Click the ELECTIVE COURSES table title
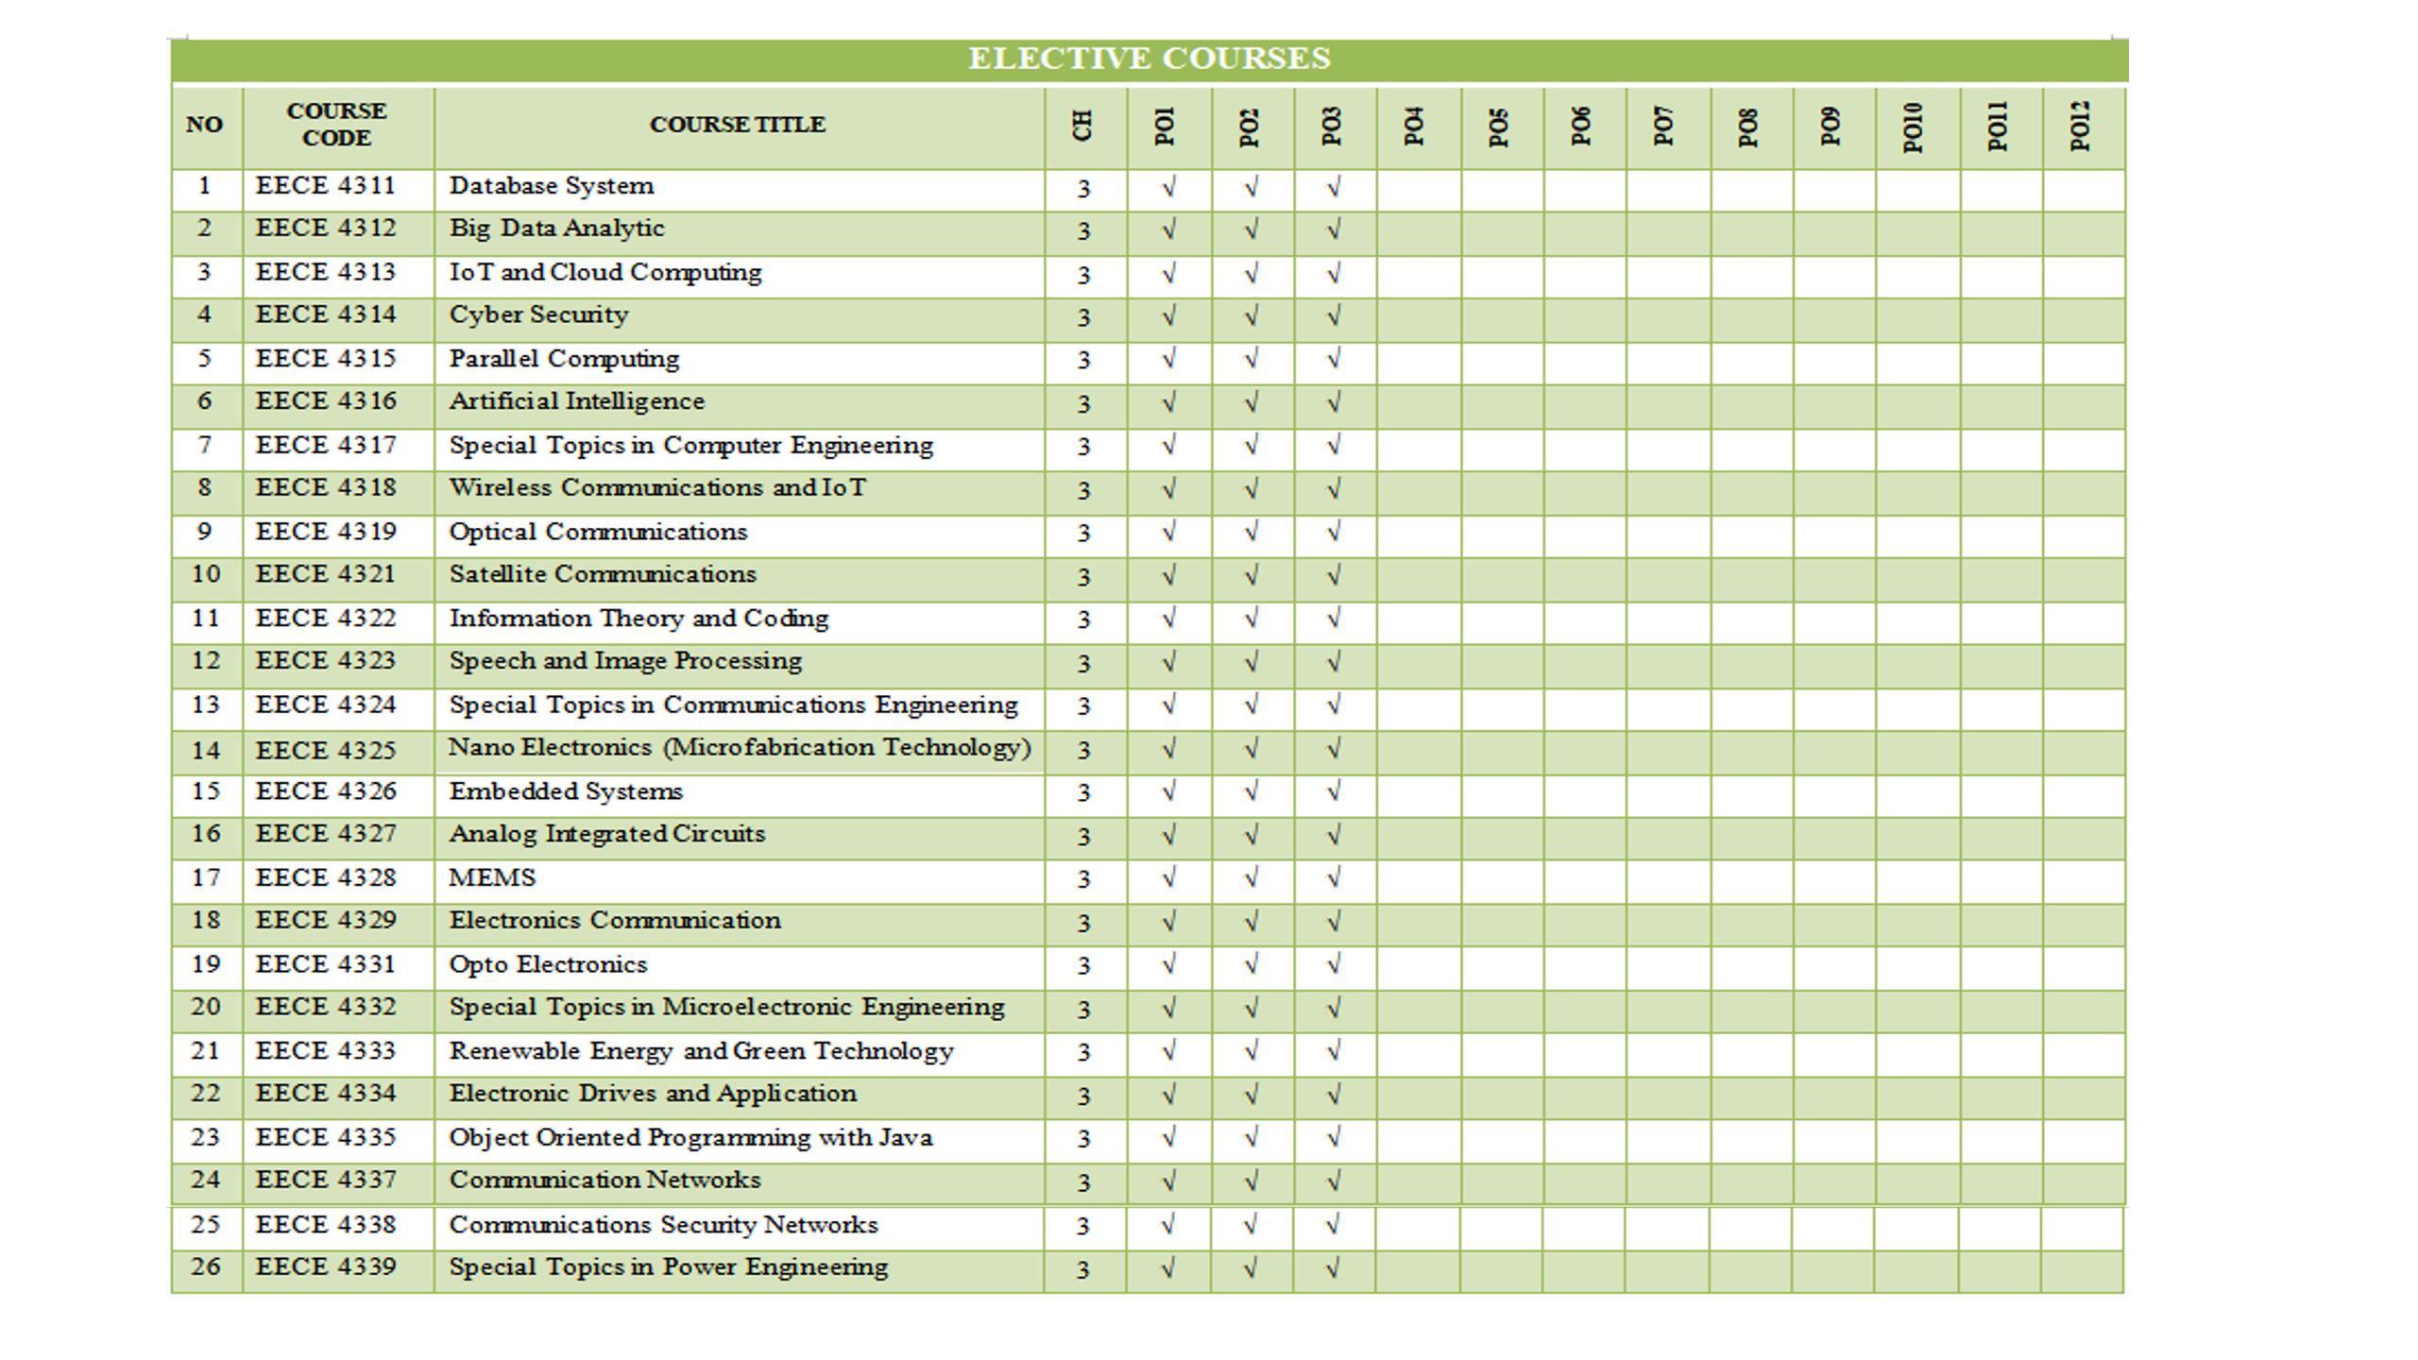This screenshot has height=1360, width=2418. tap(1149, 59)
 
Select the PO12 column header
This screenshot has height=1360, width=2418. tap(2080, 127)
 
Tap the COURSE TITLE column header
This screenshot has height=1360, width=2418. tap(738, 125)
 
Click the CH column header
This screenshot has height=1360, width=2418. tap(1083, 126)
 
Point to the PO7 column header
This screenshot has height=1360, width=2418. tap(1664, 127)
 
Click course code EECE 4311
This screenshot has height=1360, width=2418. tap(326, 186)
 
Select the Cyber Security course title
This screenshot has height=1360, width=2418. tap(538, 315)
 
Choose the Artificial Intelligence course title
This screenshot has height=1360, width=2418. tap(577, 401)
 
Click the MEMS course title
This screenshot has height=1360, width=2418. tap(492, 878)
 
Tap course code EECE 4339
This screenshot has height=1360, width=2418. tap(326, 1267)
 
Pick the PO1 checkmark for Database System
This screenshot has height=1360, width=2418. tap(1168, 188)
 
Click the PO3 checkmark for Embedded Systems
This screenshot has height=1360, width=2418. tap(1334, 792)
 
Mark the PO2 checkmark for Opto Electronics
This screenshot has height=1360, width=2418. tap(1251, 965)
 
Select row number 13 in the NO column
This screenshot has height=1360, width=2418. tap(206, 705)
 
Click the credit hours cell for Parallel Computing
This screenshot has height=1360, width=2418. tap(1083, 361)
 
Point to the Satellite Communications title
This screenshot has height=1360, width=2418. tap(603, 574)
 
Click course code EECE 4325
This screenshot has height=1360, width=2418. tap(326, 751)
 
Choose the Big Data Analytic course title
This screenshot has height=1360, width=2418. tap(556, 229)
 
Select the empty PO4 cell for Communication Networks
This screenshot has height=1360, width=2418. tap(1418, 1182)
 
